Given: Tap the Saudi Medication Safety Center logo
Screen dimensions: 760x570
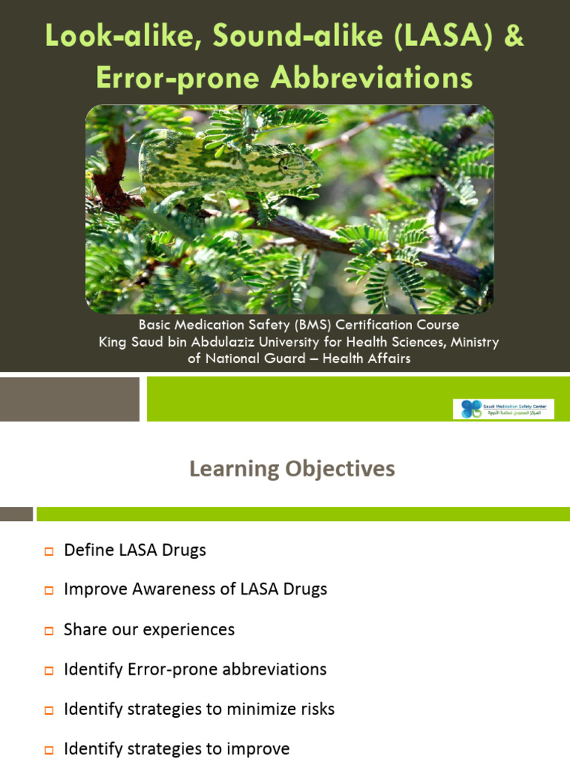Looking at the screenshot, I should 503,409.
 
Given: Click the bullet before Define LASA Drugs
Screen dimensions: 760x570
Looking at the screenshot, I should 49,551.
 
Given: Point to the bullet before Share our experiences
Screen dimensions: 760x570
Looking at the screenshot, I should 49,631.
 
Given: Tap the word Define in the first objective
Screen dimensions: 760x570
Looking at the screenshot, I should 88,550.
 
